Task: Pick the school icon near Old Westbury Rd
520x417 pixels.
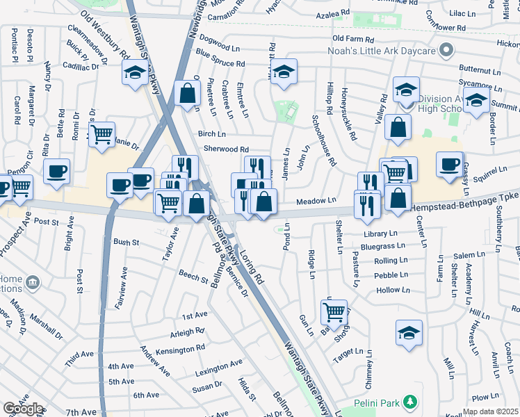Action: (135, 72)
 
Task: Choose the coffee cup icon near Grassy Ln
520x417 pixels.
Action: (450, 164)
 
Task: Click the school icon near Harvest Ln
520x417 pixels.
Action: (409, 332)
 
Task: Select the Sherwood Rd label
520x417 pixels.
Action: (226, 149)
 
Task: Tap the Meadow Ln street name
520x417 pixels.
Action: (316, 201)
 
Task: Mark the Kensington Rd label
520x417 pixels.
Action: (181, 349)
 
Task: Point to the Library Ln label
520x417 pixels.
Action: (380, 234)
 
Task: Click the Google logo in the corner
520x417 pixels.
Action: (23, 408)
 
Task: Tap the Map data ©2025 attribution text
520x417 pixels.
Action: (490, 411)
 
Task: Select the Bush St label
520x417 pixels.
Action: (127, 243)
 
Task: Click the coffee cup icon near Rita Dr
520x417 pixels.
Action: (56, 170)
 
